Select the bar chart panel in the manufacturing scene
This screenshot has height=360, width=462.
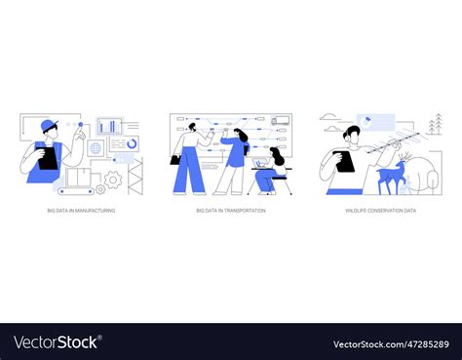point(108,126)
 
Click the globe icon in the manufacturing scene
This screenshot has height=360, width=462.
point(96,148)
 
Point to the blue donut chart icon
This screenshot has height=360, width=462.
point(132,143)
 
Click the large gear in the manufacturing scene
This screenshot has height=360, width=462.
point(113,180)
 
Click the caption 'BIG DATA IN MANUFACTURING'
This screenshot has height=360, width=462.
point(81,210)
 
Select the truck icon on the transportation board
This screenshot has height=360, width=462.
point(280,121)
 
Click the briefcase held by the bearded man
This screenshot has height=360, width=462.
point(175,159)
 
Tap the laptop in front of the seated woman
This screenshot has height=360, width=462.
point(262,165)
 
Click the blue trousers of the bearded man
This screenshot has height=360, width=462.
point(189,173)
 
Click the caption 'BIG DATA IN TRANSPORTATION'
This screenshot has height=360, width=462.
point(230,210)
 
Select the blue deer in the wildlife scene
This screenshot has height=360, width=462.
point(393,176)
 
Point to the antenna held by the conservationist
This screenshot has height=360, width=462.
point(395,145)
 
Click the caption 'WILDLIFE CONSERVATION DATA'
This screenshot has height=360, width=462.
point(380,210)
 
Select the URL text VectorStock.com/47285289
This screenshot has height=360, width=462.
point(390,343)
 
